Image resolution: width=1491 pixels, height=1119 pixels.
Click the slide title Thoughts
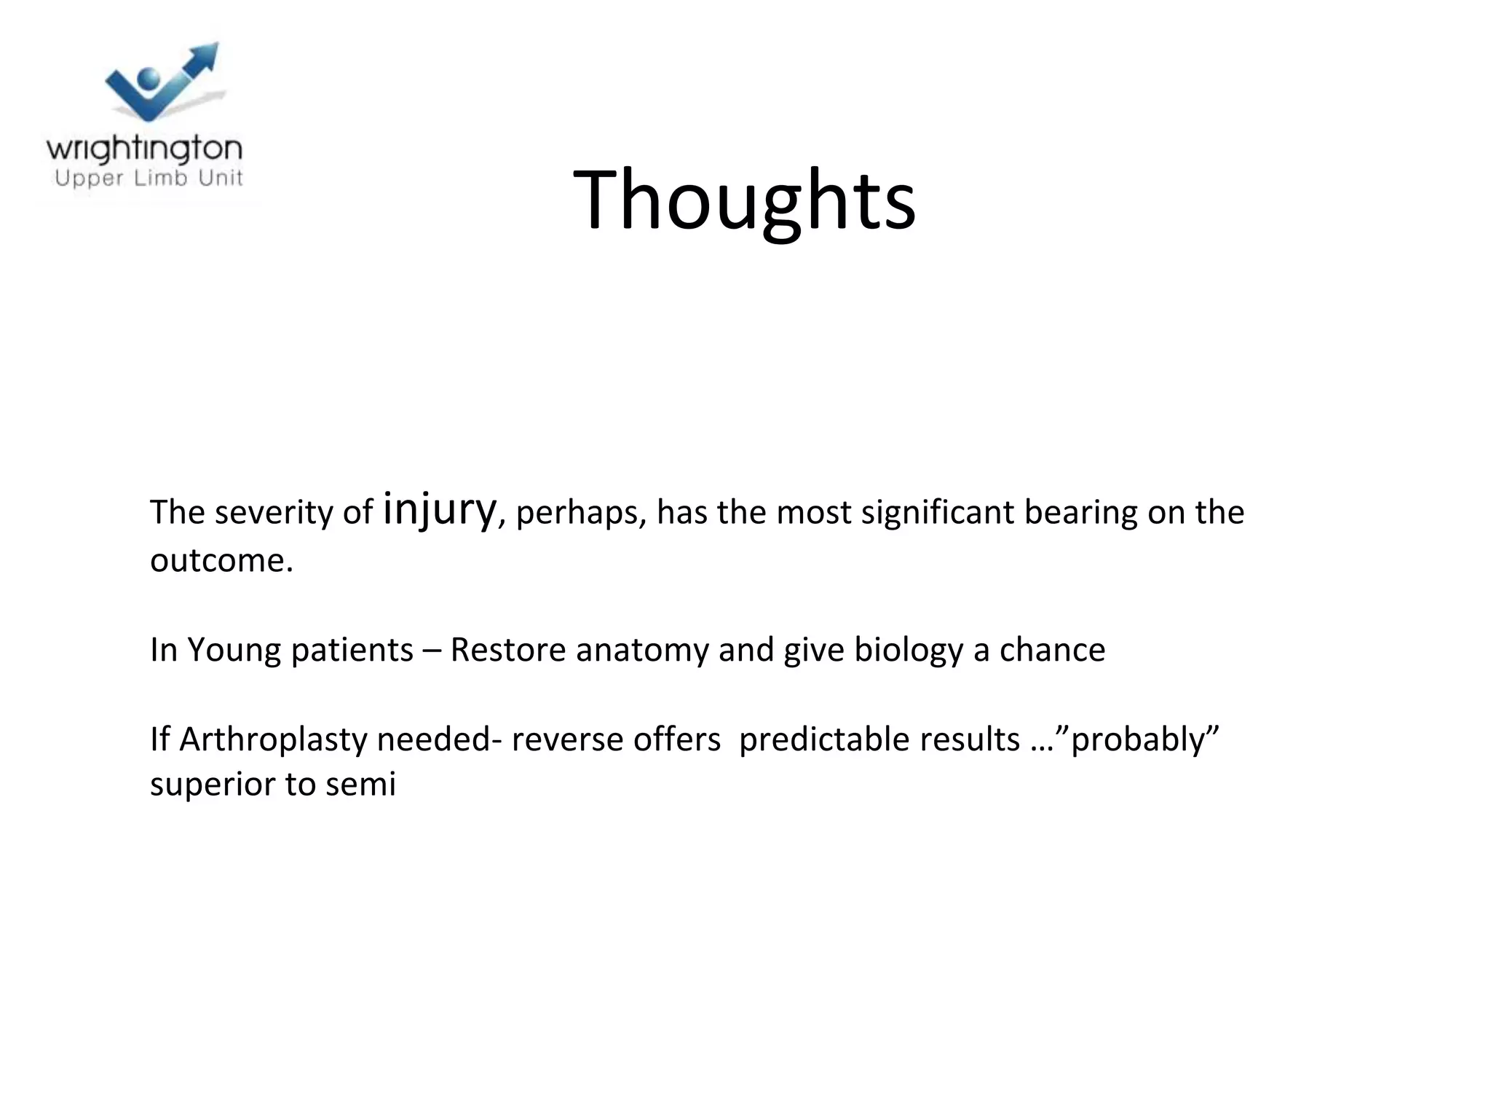coord(744,200)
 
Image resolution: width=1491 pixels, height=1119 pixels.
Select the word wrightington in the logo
coord(144,149)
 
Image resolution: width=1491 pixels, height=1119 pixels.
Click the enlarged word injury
coord(439,510)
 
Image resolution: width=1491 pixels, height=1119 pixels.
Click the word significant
coord(938,513)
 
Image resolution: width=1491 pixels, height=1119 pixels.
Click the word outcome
coord(221,560)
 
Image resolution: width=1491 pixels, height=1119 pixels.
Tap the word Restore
coord(507,650)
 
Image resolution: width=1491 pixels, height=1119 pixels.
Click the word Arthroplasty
coord(272,739)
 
